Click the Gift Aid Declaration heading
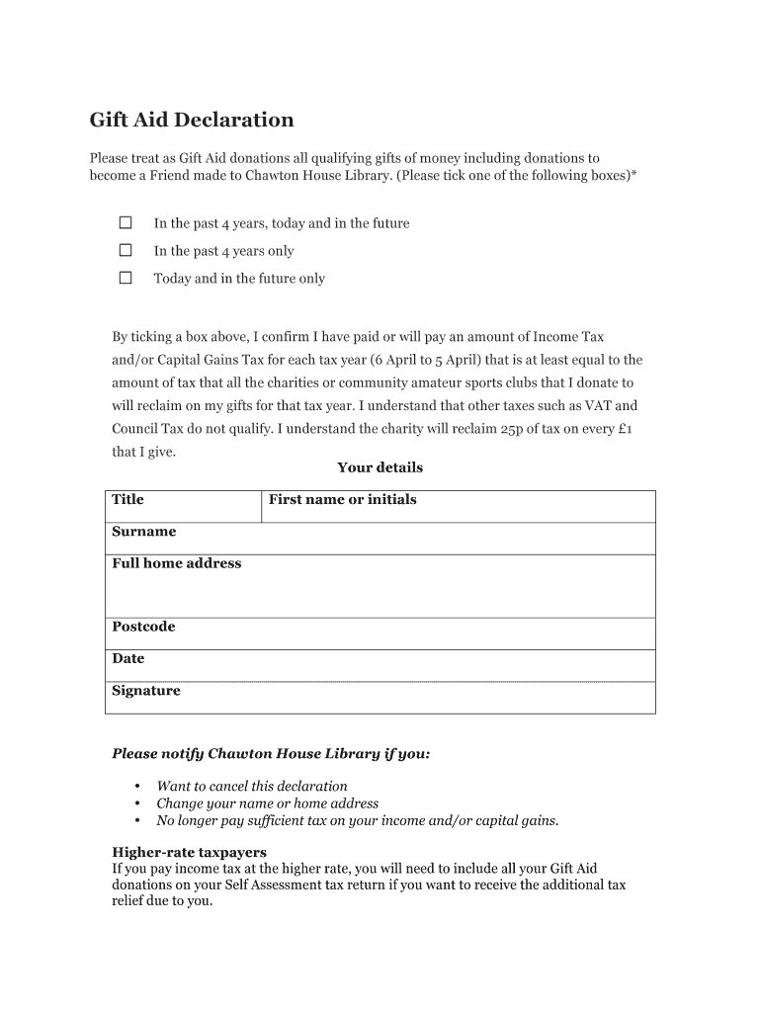192,121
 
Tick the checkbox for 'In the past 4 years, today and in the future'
126,223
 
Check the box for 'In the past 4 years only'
126,251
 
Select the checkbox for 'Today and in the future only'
126,279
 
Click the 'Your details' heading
380,467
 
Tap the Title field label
127,499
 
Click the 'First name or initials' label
342,499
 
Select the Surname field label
143,532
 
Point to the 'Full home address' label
176,563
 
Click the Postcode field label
143,627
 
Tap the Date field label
127,658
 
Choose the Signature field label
145,691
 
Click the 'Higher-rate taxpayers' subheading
189,852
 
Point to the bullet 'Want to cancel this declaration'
252,787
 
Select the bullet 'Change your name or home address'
267,803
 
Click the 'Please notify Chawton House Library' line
271,754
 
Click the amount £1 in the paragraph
624,429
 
